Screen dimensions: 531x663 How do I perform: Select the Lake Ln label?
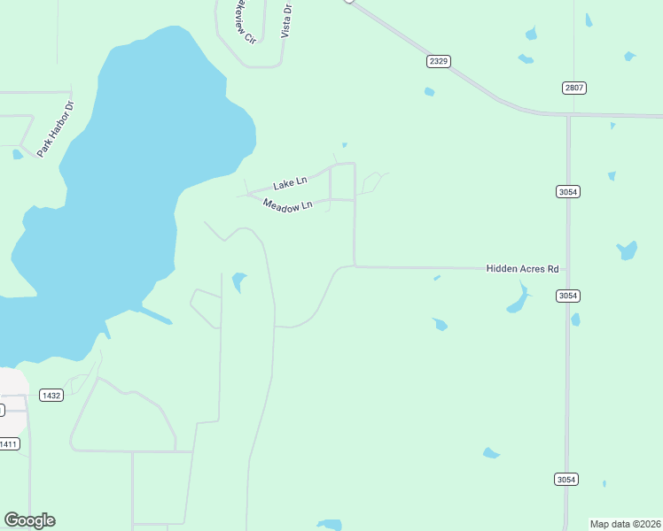click(290, 183)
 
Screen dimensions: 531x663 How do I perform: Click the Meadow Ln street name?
click(287, 205)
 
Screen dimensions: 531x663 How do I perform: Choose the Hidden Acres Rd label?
click(522, 268)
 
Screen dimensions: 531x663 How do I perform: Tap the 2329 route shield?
click(438, 60)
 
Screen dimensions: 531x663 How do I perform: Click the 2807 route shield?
click(574, 88)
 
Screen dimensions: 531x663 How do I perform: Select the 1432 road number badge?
click(51, 396)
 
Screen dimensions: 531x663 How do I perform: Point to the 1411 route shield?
click(8, 444)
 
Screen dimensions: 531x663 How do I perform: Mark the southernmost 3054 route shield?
click(566, 479)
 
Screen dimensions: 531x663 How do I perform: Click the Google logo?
click(29, 520)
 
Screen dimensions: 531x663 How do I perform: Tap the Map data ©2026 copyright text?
click(625, 524)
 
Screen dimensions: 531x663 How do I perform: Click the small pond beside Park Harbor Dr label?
click(18, 155)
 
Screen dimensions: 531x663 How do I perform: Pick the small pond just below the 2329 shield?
click(429, 91)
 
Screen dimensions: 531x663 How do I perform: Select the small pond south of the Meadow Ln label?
click(238, 282)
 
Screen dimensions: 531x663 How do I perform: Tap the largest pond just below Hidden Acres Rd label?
click(518, 301)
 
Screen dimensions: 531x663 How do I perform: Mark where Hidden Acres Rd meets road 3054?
click(567, 268)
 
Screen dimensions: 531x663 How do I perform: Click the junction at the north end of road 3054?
click(567, 115)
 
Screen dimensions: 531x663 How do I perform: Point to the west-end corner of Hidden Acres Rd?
click(355, 265)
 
